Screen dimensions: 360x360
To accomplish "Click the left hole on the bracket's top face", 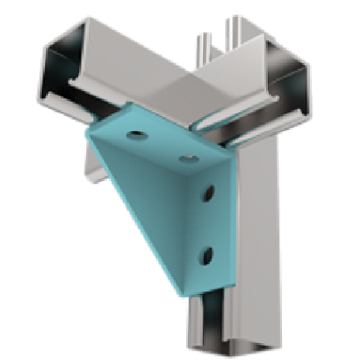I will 135,134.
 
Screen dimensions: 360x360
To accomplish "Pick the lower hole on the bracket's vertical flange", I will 207,253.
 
